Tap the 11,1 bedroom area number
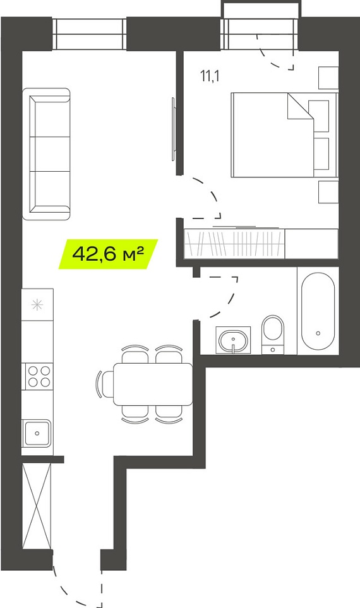click(x=210, y=76)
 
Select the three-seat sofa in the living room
click(x=46, y=154)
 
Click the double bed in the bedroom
click(x=285, y=135)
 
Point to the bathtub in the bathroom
click(x=318, y=311)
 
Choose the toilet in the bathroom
click(x=273, y=334)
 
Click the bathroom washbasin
click(x=234, y=340)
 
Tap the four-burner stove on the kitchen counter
click(x=39, y=376)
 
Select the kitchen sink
click(x=37, y=433)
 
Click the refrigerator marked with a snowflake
click(x=37, y=304)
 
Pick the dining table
click(x=153, y=384)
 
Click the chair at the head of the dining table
click(x=104, y=384)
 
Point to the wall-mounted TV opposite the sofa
click(x=173, y=128)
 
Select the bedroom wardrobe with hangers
click(x=234, y=243)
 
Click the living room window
click(x=90, y=34)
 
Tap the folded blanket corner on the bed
click(x=299, y=106)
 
